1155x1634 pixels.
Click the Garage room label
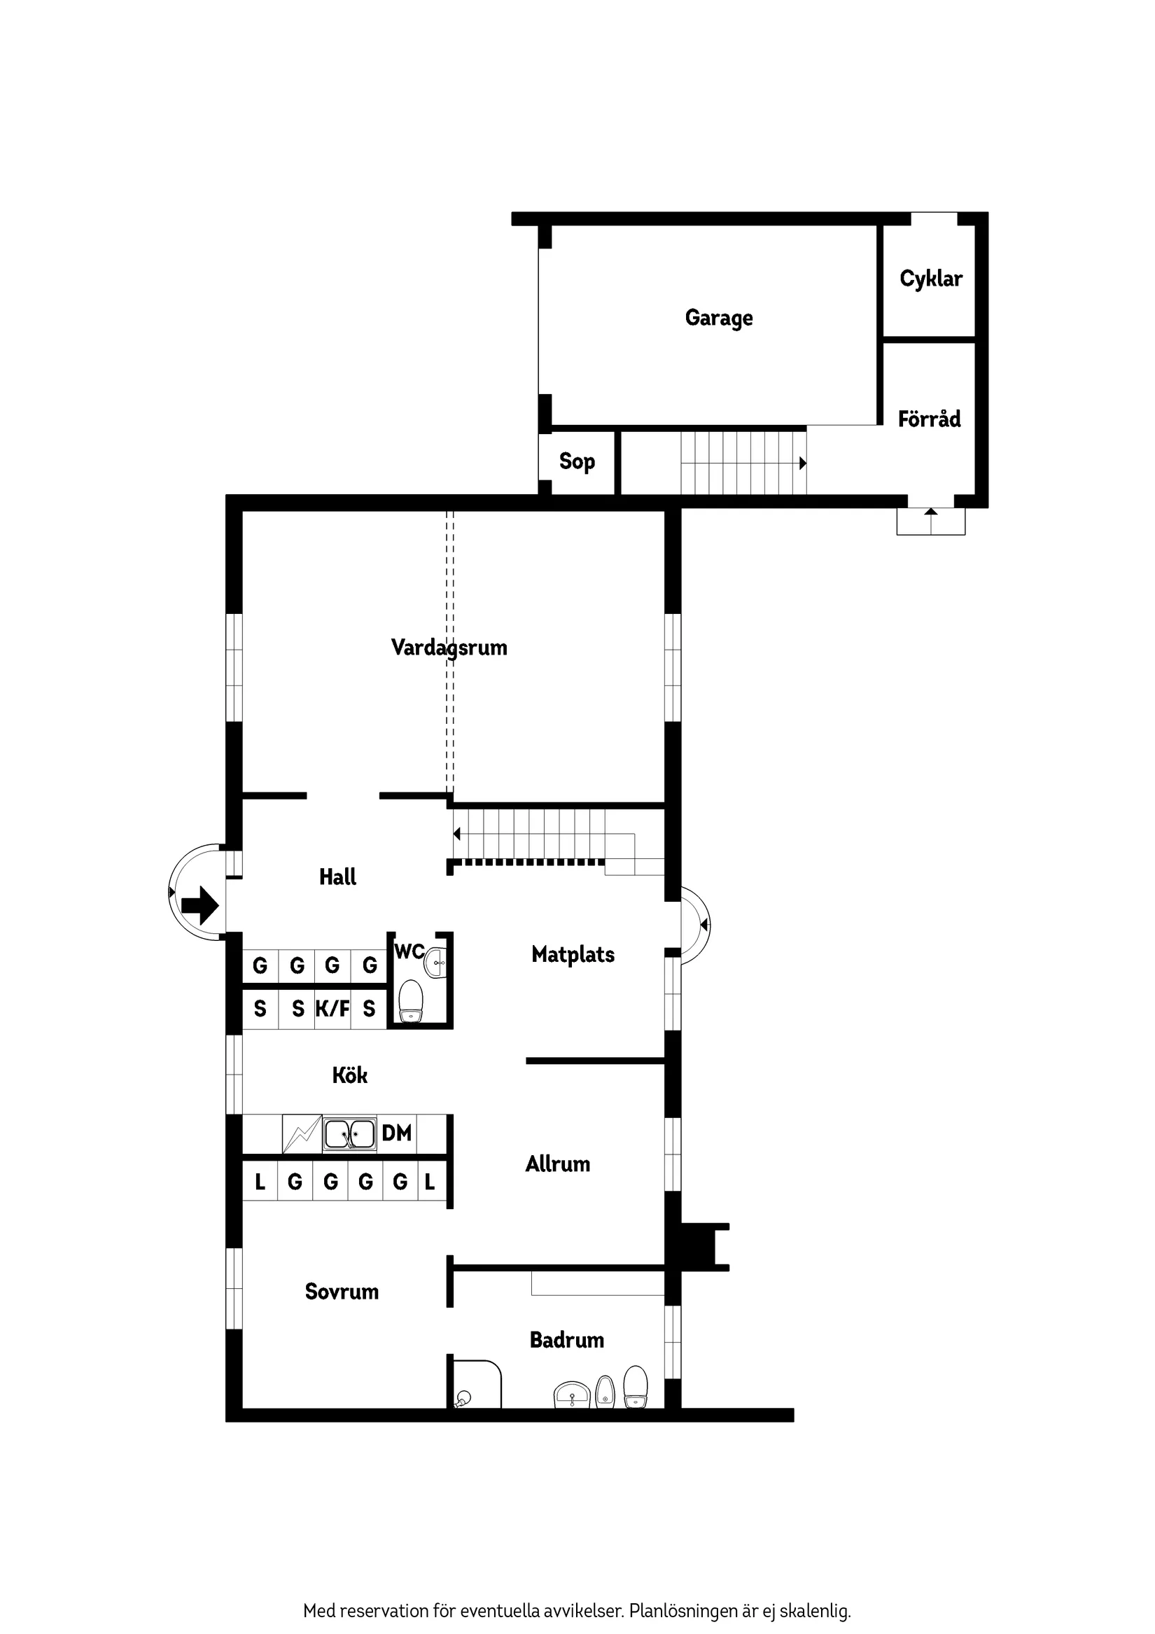pos(719,317)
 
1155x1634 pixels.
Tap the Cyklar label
pos(930,278)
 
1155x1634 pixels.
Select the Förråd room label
pos(929,419)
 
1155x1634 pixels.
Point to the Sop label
pos(576,461)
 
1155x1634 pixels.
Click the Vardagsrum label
pos(449,647)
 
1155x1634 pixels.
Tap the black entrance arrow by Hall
pos(200,905)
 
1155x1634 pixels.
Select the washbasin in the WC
pos(435,963)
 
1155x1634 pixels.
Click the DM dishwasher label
pos(396,1133)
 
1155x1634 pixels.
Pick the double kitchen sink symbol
pos(349,1134)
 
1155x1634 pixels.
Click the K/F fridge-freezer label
pos(332,1008)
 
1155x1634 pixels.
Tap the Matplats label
pos(573,954)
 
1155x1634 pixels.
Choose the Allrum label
pos(558,1164)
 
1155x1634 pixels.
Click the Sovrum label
pos(342,1292)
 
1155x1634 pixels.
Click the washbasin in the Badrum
pos(572,1395)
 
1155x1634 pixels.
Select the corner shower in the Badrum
pos(475,1385)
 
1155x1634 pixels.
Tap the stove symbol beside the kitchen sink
pos(302,1133)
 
